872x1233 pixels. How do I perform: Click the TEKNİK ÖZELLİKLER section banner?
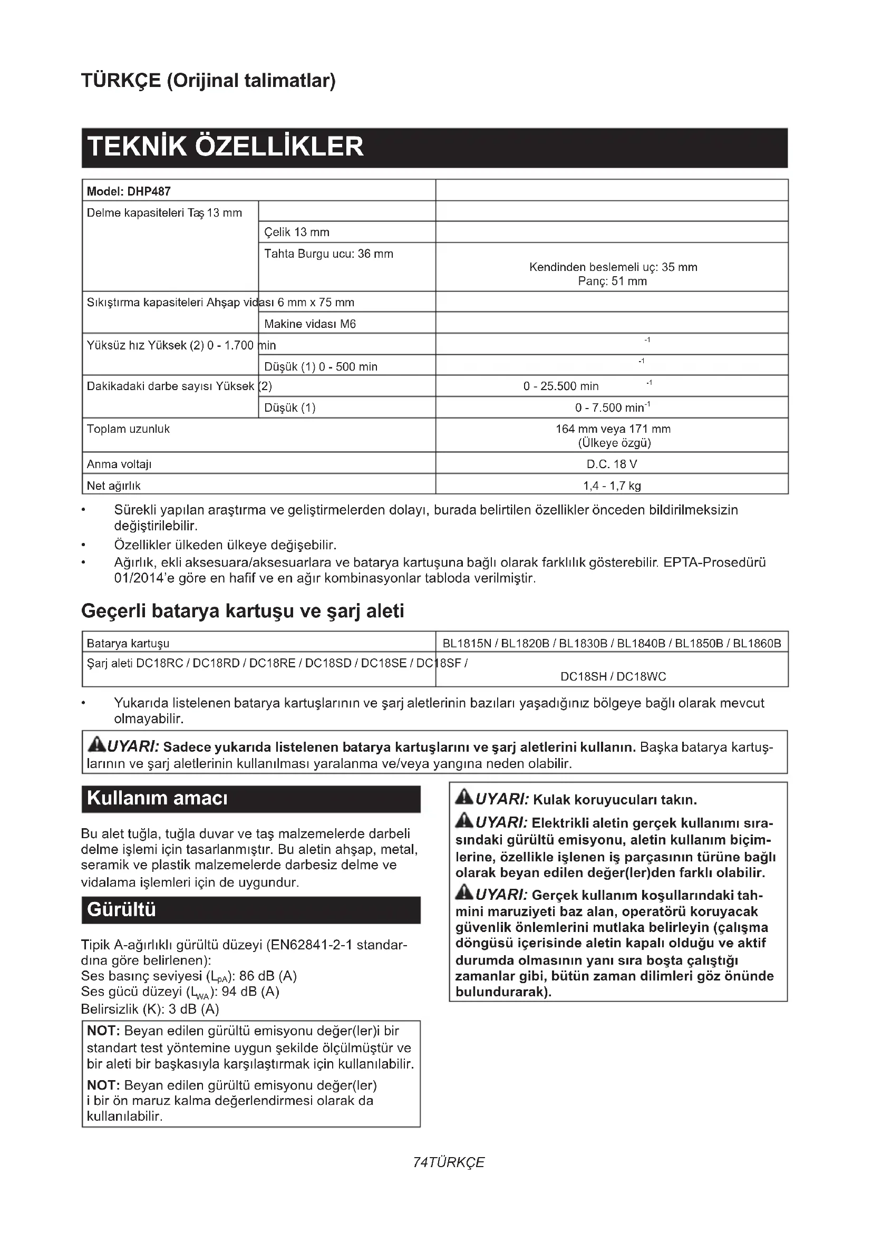226,147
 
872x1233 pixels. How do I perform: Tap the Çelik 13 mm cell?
296,232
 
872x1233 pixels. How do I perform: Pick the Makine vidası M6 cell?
310,324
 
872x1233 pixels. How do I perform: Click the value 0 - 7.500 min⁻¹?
612,407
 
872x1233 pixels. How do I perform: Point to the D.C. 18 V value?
612,464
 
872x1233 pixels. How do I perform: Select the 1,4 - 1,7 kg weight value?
612,486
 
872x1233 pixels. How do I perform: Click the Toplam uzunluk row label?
128,429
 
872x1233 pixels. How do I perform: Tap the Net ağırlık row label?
114,486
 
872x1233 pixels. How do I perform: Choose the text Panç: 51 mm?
612,281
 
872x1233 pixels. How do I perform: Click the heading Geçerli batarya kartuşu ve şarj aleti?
242,611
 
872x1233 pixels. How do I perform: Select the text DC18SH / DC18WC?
613,677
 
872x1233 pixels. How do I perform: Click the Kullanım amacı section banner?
157,798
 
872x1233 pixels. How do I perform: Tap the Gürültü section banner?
122,910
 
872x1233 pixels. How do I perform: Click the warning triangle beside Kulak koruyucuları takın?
464,799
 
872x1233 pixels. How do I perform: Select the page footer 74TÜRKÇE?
448,1163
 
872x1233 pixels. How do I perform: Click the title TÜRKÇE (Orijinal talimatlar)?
208,81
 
